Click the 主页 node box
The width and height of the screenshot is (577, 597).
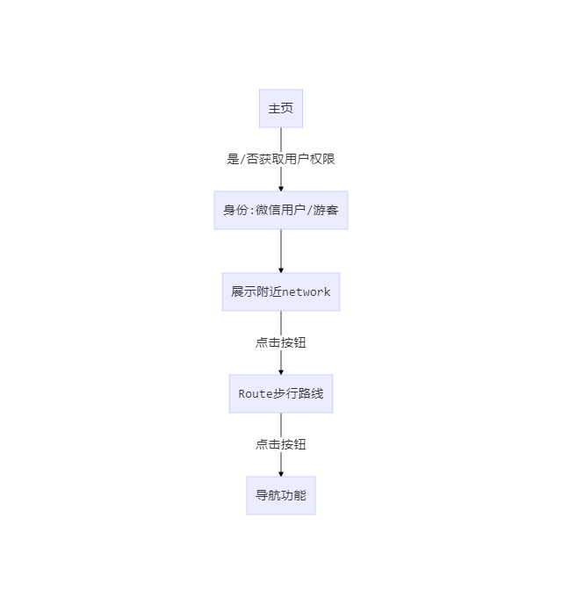281,108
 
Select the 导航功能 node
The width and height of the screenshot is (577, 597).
281,495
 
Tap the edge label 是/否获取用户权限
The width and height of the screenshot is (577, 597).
281,159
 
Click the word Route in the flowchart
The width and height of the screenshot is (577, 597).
256,393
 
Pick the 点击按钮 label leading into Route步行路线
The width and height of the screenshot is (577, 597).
281,342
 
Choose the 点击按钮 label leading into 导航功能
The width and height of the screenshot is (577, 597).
281,444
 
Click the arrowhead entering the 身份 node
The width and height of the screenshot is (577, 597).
281,187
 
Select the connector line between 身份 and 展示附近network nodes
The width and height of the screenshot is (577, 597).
281,249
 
